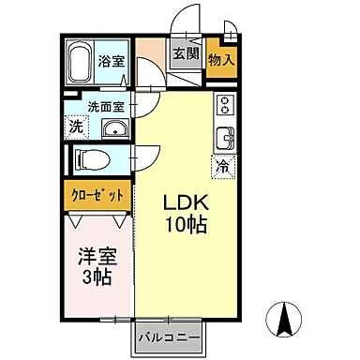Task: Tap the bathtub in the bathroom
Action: (x=81, y=62)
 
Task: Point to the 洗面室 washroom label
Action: (x=105, y=107)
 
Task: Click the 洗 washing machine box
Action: (x=75, y=126)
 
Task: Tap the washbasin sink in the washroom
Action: (x=114, y=129)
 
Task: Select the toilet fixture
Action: (x=94, y=160)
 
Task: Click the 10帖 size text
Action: (x=187, y=226)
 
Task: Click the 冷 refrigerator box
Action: (x=223, y=168)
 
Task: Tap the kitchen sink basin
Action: (x=225, y=140)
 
